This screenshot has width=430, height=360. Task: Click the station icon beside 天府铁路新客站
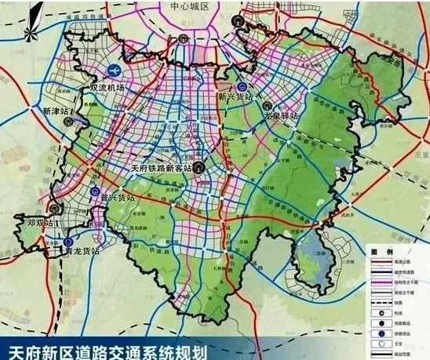coord(201,167)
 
